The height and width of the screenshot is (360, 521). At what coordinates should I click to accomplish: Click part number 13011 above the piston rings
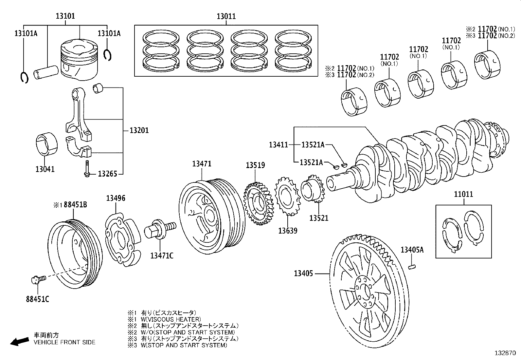226,16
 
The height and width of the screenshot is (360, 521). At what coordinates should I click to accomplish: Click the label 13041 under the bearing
45,169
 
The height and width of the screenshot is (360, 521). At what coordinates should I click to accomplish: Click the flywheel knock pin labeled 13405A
412,267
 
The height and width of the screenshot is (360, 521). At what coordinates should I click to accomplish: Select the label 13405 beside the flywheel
303,273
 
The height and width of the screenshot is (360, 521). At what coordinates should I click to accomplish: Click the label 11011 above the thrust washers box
463,194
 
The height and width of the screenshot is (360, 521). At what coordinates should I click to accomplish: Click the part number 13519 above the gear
256,165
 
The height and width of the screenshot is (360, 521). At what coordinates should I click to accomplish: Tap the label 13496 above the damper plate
116,198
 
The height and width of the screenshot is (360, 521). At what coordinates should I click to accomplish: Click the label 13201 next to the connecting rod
139,130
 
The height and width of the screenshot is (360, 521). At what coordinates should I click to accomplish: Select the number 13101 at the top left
65,16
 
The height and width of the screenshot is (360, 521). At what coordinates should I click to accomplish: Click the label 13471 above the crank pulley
202,164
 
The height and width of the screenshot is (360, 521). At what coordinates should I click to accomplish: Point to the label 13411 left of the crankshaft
278,144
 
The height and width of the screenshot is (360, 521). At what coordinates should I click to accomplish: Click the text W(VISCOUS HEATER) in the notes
171,319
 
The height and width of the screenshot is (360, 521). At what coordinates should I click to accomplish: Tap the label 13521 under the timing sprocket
319,218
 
